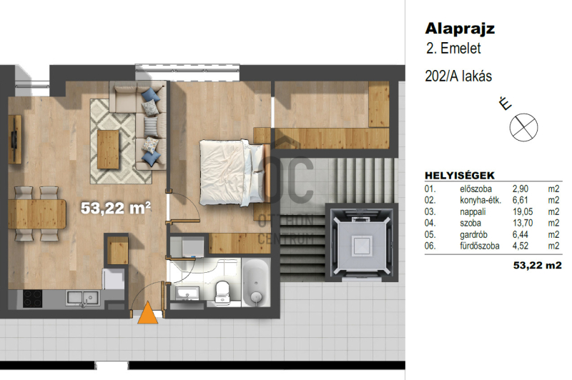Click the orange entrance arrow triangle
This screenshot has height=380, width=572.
tap(148, 314)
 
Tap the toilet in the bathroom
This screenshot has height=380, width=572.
tap(222, 291)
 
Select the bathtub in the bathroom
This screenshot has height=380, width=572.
tap(256, 282)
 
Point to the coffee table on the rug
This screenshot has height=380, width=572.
tap(108, 149)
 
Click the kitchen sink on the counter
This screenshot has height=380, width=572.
tap(82, 298)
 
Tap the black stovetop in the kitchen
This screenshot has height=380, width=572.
tap(32, 299)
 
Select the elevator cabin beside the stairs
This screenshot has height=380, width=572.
tap(362, 242)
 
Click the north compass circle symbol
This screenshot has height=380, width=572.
tap(523, 128)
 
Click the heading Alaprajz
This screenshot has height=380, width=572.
tap(460, 29)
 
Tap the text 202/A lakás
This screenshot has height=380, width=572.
tap(458, 76)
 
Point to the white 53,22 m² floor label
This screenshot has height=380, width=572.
tap(115, 208)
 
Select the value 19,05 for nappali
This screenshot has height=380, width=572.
tap(523, 211)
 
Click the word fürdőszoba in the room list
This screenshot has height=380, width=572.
tap(479, 246)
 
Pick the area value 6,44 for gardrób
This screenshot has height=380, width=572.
tap(521, 234)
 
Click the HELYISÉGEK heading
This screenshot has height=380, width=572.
tap(460, 176)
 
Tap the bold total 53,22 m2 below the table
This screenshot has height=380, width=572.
tap(538, 265)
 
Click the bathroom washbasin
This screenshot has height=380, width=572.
tap(187, 294)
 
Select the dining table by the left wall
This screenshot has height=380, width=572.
tap(37, 214)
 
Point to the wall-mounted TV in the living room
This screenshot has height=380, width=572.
tap(14, 139)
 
